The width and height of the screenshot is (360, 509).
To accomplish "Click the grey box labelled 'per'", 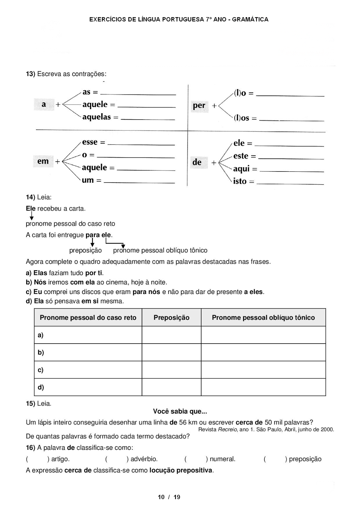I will click(199, 106).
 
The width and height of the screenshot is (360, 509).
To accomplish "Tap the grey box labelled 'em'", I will click(43, 161).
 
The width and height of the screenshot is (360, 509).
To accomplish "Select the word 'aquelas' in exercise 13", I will click(96, 117).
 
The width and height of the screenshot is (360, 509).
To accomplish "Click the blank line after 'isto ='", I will click(290, 184).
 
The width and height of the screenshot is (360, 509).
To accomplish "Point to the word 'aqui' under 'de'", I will click(242, 169).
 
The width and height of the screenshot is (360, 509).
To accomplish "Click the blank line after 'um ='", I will click(139, 183).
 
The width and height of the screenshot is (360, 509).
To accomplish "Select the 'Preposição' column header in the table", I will click(171, 317).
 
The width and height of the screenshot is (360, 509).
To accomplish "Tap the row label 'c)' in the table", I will click(40, 370).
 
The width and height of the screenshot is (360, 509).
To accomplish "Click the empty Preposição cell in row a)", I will click(171, 335).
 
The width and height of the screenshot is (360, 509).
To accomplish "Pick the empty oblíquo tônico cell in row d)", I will click(263, 387).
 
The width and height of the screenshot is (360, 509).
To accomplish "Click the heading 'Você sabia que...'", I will click(180, 411).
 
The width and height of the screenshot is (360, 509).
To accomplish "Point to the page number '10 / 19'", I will click(169, 497).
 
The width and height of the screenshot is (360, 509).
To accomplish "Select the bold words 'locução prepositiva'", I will click(181, 470).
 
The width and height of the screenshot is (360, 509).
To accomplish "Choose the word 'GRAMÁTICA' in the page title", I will click(250, 19).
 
